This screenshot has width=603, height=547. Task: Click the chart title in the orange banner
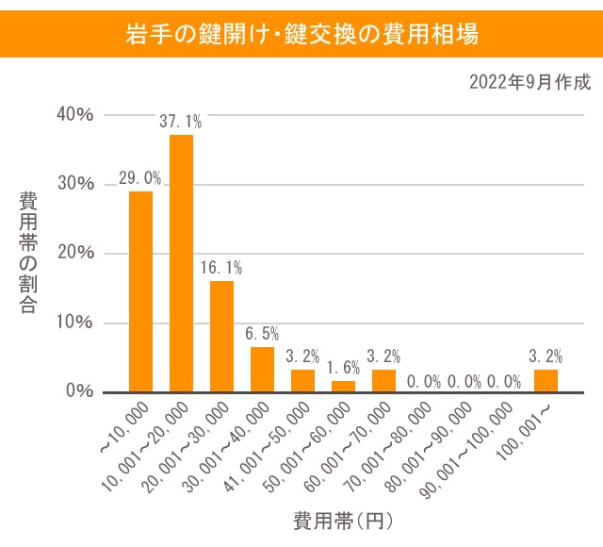coord(301,35)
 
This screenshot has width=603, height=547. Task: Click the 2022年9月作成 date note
coord(530,82)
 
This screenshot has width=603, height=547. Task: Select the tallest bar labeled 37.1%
coord(181,263)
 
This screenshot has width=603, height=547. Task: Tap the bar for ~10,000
coord(140,291)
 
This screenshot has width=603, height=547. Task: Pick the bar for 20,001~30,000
coord(221,337)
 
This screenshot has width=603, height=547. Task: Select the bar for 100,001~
coord(546,381)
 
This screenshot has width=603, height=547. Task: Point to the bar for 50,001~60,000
coord(343,387)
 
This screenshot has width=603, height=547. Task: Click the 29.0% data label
coord(140,178)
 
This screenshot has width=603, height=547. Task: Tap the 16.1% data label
coord(221,268)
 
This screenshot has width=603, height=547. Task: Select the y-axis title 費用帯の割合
coord(29,253)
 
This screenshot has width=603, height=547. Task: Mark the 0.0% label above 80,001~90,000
coord(464,382)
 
